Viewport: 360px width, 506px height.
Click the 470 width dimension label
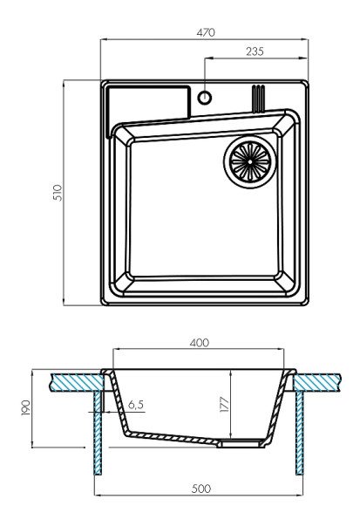(206, 32)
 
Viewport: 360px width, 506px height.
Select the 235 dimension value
(255, 52)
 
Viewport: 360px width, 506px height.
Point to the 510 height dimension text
(56, 193)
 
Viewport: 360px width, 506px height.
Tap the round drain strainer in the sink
(250, 161)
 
